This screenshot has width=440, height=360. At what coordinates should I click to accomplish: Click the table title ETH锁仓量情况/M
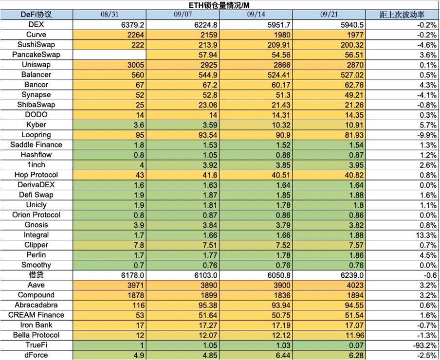(x=220, y=5)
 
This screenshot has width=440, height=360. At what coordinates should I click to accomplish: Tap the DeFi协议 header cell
(x=37, y=15)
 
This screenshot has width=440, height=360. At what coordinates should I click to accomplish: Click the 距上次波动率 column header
(x=403, y=15)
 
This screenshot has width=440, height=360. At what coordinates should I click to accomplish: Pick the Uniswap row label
(x=37, y=65)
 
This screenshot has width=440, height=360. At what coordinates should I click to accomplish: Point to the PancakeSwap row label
(x=37, y=55)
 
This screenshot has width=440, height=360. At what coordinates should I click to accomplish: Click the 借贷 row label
(x=37, y=275)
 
